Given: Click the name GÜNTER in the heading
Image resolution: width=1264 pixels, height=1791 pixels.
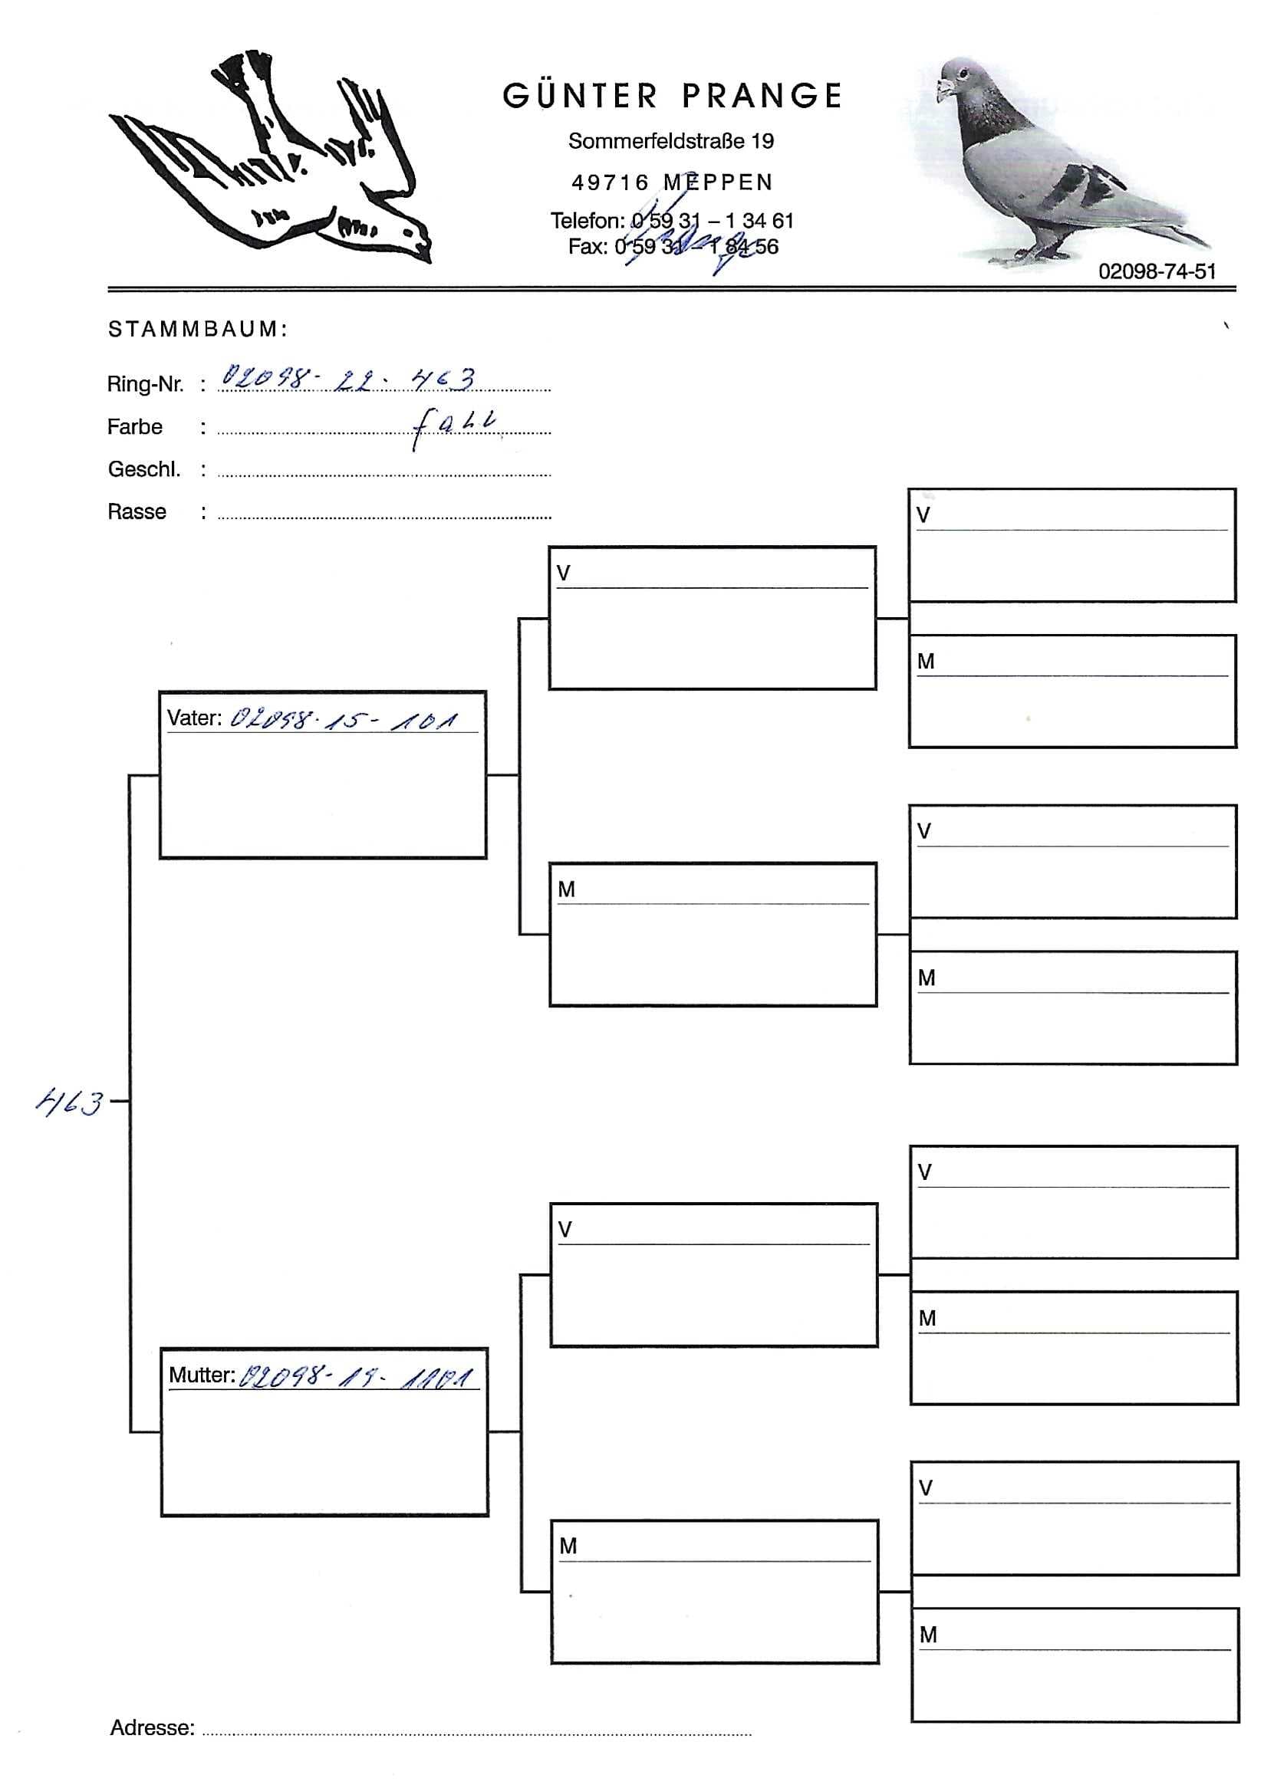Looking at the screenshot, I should point(580,97).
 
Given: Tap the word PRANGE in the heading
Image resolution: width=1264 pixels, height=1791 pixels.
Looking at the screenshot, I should point(762,97).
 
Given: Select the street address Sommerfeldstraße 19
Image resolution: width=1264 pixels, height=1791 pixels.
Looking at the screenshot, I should point(670,141).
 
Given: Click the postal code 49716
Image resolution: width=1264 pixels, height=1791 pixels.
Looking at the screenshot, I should point(611,182).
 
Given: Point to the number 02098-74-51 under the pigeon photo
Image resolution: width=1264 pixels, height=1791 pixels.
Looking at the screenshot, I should point(1157,271).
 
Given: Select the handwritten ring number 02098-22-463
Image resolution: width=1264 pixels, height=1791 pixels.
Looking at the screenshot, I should point(348,379).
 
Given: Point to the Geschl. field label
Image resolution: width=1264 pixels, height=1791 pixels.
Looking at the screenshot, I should point(144,469).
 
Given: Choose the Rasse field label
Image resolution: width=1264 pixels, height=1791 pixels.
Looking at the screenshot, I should point(137,511).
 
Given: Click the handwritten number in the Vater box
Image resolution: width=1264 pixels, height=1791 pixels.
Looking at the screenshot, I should point(344,718).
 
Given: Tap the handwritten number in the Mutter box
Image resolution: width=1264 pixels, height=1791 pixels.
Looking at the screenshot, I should point(355,1376).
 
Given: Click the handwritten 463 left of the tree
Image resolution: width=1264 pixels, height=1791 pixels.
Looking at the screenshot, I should point(70,1103).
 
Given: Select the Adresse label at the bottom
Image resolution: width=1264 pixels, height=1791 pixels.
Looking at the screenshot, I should point(152,1727).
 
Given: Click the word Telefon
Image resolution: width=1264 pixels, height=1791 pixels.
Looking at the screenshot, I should point(587,221).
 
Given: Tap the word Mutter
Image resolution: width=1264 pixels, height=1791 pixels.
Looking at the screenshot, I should point(201,1375).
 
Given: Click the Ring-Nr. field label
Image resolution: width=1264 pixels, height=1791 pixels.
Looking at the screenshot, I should point(145,384).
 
